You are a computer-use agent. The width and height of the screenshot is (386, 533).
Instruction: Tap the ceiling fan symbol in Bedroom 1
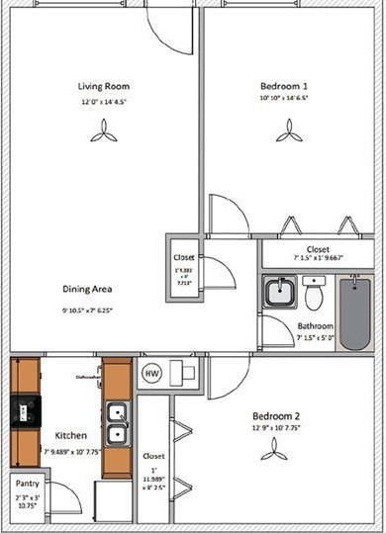click(288, 130)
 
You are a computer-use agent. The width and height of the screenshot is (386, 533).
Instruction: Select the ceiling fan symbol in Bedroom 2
click(272, 449)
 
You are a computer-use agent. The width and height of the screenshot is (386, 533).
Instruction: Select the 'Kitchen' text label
click(70, 435)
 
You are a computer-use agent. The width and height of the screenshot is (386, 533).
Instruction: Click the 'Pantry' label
click(26, 484)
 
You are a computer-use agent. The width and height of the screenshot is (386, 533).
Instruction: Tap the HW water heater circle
click(151, 373)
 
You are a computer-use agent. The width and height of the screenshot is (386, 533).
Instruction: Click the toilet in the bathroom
click(315, 294)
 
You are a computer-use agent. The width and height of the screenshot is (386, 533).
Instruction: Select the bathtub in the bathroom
click(353, 312)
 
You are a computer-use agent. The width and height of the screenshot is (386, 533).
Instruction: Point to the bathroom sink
click(280, 293)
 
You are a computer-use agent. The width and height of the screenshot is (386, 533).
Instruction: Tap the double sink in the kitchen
click(117, 422)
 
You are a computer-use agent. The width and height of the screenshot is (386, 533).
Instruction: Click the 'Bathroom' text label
click(315, 325)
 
